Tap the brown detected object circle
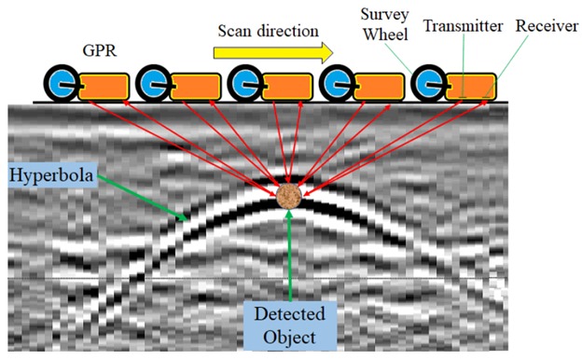[x=290, y=196]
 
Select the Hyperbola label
[x=53, y=173]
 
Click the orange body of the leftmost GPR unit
[x=101, y=86]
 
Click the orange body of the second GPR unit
[x=192, y=86]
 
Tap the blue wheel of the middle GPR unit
[x=245, y=85]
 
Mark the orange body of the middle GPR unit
[x=284, y=86]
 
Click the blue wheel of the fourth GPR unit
[x=338, y=85]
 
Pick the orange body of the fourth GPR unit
[x=376, y=86]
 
